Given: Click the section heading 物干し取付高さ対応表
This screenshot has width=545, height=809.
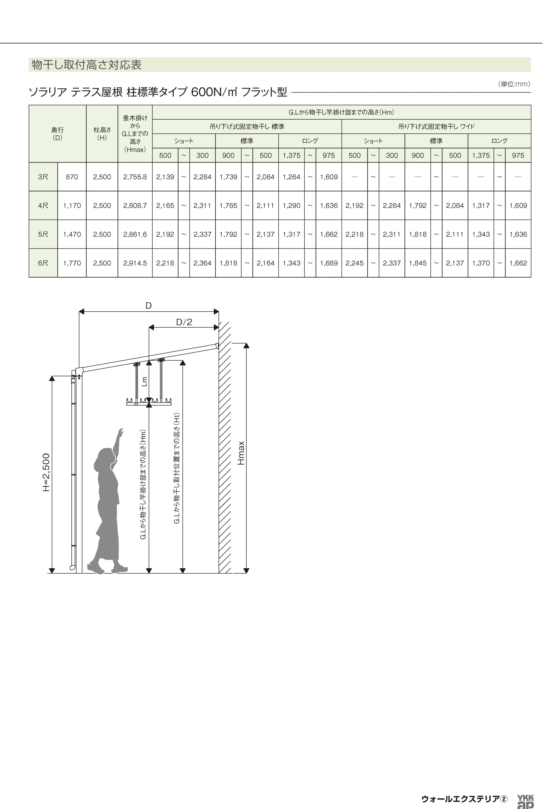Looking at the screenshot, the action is [86, 65].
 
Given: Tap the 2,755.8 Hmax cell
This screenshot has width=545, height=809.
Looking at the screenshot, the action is [135, 177].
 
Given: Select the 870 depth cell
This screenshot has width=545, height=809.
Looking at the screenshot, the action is [72, 177].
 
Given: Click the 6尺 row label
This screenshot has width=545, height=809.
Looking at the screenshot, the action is [43, 263].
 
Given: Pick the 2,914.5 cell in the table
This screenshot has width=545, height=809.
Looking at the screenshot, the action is [135, 263].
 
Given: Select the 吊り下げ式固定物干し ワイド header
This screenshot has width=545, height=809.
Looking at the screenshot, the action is [436, 127].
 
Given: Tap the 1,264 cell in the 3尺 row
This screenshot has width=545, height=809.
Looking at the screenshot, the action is [291, 177].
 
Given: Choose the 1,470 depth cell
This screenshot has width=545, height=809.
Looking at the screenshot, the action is [72, 234].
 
